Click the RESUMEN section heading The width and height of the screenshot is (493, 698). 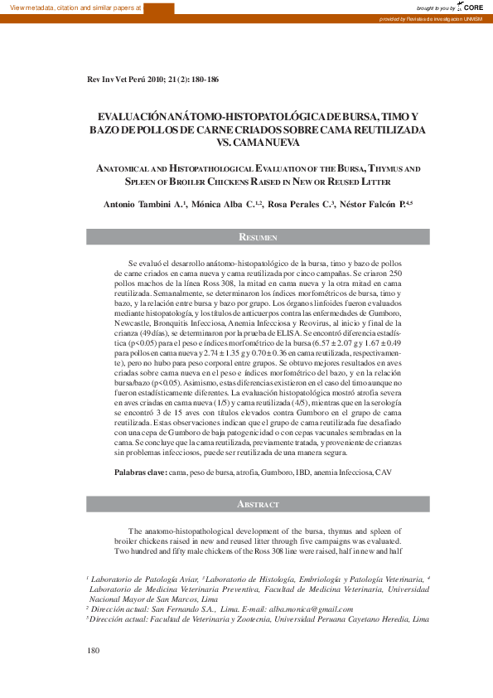pos(258,237)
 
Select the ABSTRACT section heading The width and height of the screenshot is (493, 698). pos(258,503)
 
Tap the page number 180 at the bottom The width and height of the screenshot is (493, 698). pos(93,650)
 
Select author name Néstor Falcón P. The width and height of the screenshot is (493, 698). pos(376,204)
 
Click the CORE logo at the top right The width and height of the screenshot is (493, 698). pos(473,7)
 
